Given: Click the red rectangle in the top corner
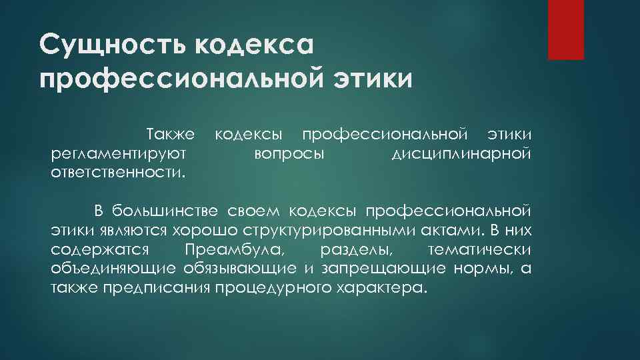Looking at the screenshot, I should [565, 29].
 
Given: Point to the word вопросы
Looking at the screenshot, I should [289, 155].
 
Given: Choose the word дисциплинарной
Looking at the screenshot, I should [461, 155].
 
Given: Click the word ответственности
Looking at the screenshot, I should [117, 173].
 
